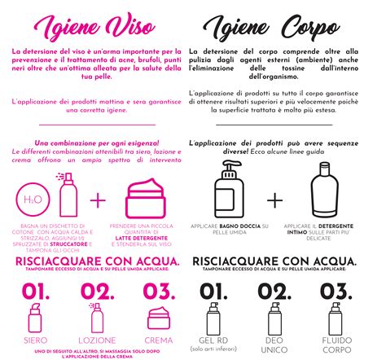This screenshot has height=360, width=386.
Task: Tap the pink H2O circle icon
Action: pyautogui.click(x=31, y=200)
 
